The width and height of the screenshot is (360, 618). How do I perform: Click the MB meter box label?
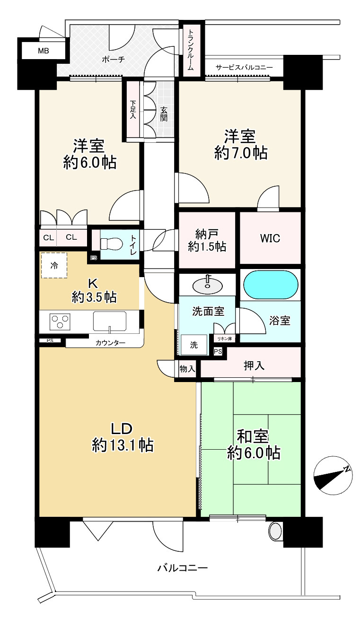coord(44,51)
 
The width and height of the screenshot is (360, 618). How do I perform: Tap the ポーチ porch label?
coord(113,59)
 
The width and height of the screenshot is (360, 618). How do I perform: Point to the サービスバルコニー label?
coord(244,67)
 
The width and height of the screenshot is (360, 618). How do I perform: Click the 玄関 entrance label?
coord(163,113)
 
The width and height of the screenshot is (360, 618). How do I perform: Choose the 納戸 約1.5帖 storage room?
coord(207,240)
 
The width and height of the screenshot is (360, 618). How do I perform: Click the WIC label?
coord(270,238)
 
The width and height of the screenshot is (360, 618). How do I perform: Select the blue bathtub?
coord(271,285)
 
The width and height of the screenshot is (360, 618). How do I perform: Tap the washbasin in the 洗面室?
coord(208,286)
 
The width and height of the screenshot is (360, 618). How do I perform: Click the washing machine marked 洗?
coord(194,345)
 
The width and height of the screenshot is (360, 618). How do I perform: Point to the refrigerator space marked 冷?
coord(54,265)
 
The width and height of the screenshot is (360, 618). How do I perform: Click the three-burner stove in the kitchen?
coord(60,322)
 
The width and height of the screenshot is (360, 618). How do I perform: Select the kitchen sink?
coord(110,321)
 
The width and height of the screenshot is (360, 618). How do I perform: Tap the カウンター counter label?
coord(110,343)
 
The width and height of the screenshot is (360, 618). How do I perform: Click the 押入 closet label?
coord(254,366)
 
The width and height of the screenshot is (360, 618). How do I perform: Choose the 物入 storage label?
coord(187,369)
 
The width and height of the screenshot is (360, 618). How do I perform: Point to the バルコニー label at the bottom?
coord(182,568)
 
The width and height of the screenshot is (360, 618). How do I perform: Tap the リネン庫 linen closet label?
coord(224,339)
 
